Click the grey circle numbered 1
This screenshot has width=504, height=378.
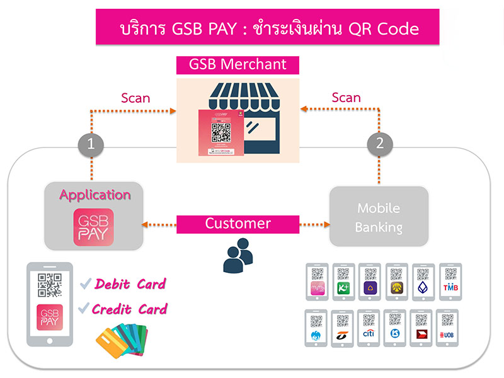(91, 144)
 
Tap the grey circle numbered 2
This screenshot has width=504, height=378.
(379, 143)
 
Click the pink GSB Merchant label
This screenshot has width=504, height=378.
(238, 64)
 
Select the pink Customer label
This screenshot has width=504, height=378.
(238, 224)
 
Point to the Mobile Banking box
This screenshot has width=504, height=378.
(379, 217)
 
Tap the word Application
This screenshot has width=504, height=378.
(94, 195)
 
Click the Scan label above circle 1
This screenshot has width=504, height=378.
(135, 98)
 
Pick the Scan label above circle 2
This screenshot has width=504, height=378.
(346, 98)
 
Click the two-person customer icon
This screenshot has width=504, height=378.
(238, 255)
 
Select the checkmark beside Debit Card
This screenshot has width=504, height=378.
(86, 285)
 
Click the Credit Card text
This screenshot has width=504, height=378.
(129, 309)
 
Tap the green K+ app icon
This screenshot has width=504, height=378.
(344, 289)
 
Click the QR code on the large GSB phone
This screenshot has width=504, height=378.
(50, 285)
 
